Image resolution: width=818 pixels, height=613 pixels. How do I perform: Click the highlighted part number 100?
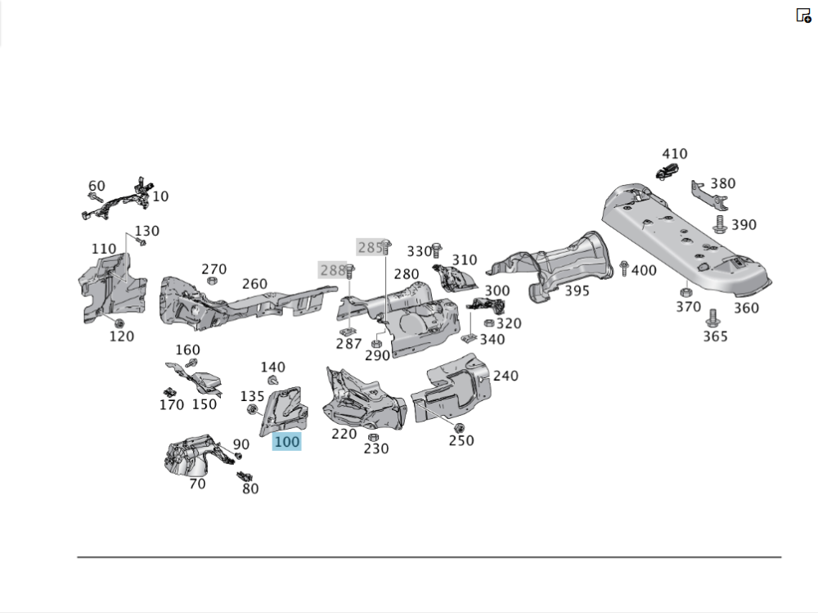pyautogui.click(x=287, y=442)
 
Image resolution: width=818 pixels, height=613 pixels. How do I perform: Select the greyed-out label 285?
pyautogui.click(x=371, y=246)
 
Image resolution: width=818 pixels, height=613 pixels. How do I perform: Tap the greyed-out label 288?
pyautogui.click(x=332, y=269)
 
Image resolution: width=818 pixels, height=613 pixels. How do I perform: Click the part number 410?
pyautogui.click(x=675, y=154)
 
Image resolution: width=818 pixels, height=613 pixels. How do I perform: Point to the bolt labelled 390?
pyautogui.click(x=721, y=224)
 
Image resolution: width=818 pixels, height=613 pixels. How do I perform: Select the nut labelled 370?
pyautogui.click(x=685, y=292)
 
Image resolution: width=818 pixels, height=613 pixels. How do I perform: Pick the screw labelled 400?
pyautogui.click(x=625, y=267)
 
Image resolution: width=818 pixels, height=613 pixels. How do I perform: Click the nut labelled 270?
pyautogui.click(x=212, y=281)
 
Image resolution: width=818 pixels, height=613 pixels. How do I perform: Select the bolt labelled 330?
pyautogui.click(x=437, y=247)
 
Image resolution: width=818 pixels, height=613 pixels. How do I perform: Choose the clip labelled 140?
pyautogui.click(x=273, y=381)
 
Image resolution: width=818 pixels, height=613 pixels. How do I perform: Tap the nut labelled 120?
pyautogui.click(x=119, y=321)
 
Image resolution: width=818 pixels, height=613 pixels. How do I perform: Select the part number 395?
pyautogui.click(x=577, y=291)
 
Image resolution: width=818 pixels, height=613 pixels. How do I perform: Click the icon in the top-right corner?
pyautogui.click(x=803, y=15)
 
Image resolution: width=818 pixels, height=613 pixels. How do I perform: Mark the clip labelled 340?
pyautogui.click(x=470, y=336)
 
